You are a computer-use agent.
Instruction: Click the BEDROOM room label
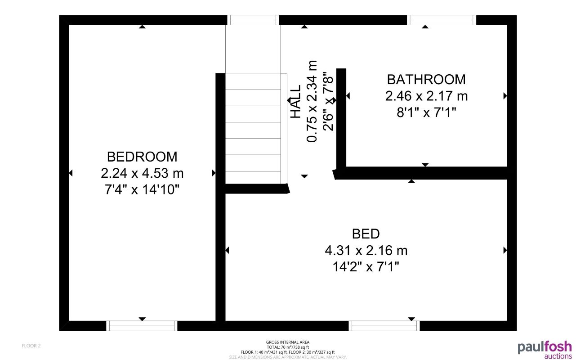coord(142,157)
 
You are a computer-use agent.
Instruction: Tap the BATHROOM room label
coord(426,79)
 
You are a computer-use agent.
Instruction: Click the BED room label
coord(366,234)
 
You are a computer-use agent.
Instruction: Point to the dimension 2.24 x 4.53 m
coord(142,173)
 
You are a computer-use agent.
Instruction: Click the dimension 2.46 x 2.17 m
coord(426,96)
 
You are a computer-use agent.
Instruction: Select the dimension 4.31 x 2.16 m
coord(366,250)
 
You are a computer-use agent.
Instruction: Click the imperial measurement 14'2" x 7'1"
coord(366,267)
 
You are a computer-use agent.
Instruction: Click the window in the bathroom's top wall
coord(442,20)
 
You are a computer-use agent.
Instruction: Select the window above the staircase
coord(253,20)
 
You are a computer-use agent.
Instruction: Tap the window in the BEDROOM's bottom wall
coord(142,326)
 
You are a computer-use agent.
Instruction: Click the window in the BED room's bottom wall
coord(385,326)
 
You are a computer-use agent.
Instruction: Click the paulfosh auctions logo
coord(545,350)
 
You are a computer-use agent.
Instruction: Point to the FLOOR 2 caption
coord(31,346)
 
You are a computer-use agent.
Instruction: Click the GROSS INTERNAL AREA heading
coord(288,342)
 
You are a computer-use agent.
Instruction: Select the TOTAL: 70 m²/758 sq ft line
coord(288,347)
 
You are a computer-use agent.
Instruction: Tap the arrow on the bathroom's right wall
coord(505,96)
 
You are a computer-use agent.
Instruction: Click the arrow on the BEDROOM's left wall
coord(71,173)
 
